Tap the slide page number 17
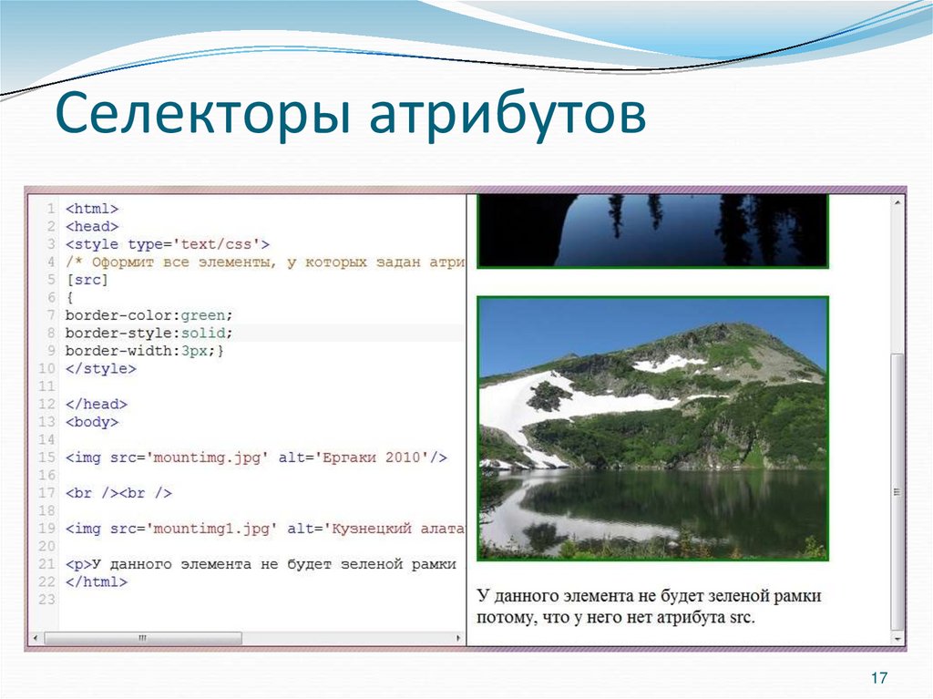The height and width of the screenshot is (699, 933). (879, 678)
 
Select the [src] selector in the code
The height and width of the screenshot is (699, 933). (87, 280)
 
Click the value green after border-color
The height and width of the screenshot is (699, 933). (205, 315)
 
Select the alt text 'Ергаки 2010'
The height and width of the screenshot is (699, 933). (372, 457)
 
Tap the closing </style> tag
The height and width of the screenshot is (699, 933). (100, 369)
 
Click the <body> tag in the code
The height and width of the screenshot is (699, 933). (92, 422)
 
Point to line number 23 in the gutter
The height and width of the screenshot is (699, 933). (47, 599)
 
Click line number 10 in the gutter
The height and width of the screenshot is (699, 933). (47, 369)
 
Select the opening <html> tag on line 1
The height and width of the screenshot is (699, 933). (92, 209)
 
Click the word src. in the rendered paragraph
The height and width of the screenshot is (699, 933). (742, 617)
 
